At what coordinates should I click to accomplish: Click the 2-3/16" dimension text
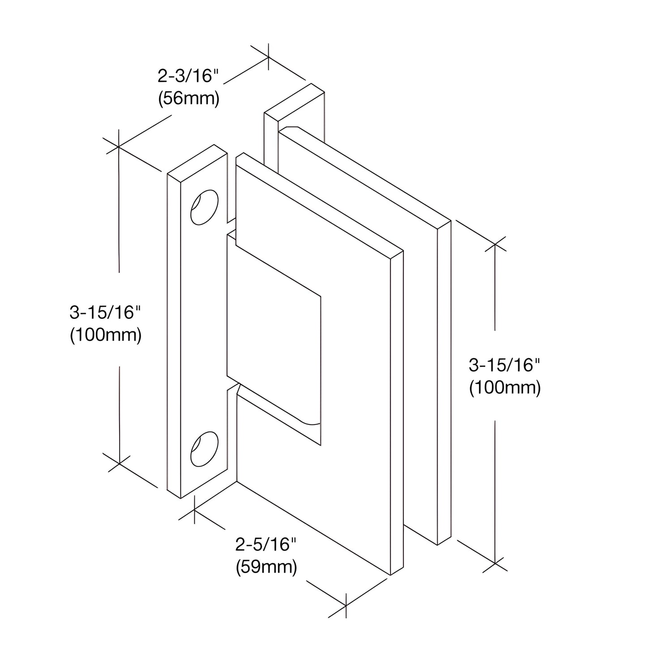[x=188, y=76]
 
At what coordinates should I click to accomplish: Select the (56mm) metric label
[x=189, y=99]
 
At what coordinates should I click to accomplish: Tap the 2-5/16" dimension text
[x=266, y=545]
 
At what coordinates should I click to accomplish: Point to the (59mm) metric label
[x=266, y=567]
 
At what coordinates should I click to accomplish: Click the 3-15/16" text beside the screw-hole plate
[x=105, y=312]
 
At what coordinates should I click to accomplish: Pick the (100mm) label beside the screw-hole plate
[x=106, y=335]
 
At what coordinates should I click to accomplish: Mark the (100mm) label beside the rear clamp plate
[x=505, y=388]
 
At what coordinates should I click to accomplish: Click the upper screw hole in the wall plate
[x=204, y=207]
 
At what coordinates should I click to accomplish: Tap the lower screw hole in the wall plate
[x=204, y=449]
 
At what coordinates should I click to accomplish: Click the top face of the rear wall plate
[x=294, y=102]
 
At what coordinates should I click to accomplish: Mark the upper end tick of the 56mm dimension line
[x=268, y=57]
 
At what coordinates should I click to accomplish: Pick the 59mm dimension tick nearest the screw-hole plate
[x=195, y=510]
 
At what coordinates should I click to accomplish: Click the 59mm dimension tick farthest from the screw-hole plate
[x=346, y=606]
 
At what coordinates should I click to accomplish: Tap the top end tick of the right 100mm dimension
[x=494, y=244]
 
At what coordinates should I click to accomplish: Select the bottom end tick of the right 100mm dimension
[x=494, y=562]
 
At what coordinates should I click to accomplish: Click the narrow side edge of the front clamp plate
[x=397, y=412]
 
